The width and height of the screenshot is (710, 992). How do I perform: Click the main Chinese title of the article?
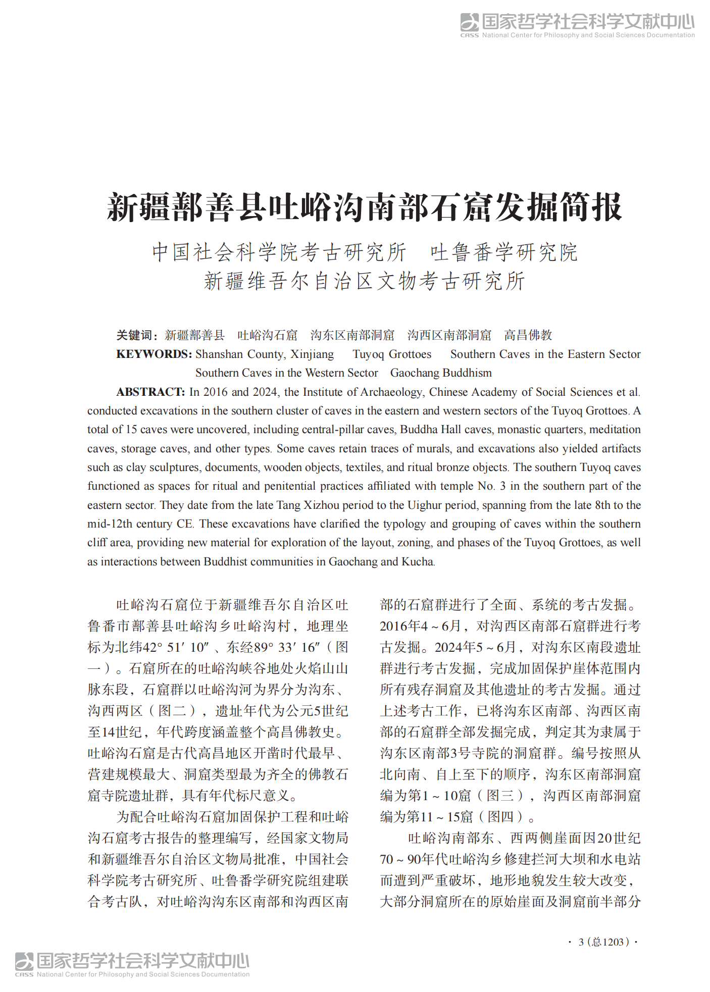(x=364, y=207)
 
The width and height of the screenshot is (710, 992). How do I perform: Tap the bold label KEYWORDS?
(x=154, y=354)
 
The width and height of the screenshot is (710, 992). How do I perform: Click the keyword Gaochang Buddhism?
(x=441, y=373)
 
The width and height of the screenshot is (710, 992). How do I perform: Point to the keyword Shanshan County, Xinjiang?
(x=265, y=354)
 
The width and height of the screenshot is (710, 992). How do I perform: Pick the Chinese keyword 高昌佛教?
(x=528, y=335)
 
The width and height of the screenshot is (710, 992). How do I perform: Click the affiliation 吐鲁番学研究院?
(x=503, y=252)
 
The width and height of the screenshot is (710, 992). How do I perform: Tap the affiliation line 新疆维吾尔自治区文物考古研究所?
(x=364, y=281)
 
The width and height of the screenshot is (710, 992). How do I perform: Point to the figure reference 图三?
(x=500, y=796)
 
